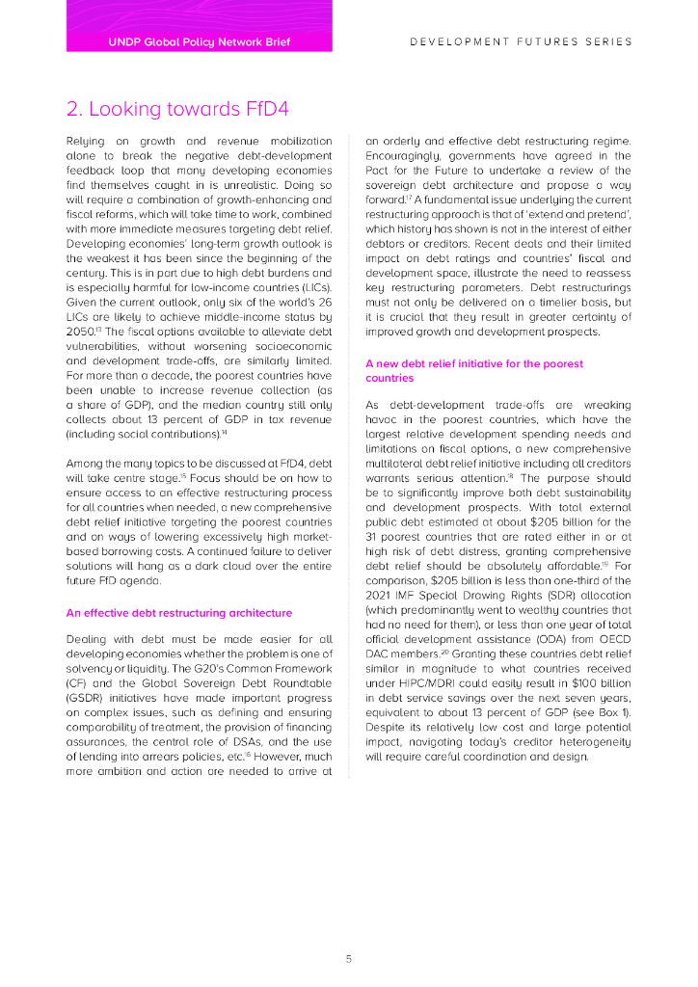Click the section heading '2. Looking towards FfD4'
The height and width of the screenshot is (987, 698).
pos(177,107)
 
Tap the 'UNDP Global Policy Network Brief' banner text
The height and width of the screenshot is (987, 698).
pos(200,42)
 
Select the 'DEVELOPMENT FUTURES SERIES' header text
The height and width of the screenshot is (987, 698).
pos(521,42)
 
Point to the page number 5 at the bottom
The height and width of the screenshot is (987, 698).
pos(349,959)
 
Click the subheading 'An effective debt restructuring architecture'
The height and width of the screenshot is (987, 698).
pos(178,612)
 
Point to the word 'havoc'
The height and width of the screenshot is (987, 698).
pos(384,419)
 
